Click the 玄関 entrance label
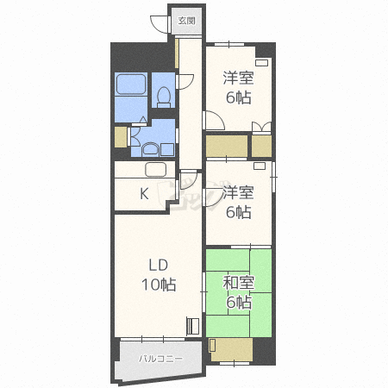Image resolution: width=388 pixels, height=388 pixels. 186,21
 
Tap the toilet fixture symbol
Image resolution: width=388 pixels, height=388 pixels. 164,97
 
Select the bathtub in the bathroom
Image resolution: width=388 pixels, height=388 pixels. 131,84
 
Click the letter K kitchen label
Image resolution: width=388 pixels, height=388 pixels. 144,193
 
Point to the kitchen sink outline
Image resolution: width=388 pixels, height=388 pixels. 156,170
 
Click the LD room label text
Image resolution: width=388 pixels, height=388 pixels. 159,265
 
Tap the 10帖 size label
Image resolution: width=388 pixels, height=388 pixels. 159,285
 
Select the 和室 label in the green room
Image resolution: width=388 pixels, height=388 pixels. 239,283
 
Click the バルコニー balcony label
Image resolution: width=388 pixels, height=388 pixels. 160,359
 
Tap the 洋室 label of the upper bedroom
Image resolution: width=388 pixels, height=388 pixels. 239,78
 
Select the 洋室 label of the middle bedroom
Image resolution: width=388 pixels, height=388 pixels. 239,192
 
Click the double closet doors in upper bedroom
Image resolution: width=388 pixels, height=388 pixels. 261,128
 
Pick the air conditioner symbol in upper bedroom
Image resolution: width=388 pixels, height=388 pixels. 261,63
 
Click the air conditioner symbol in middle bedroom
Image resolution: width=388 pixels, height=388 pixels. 260,166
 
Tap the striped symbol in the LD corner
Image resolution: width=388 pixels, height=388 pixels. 193,326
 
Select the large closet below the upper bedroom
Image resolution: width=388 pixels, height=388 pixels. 227,146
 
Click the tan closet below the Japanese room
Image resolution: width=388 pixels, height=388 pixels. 231,349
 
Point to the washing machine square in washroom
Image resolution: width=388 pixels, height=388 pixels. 167,149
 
